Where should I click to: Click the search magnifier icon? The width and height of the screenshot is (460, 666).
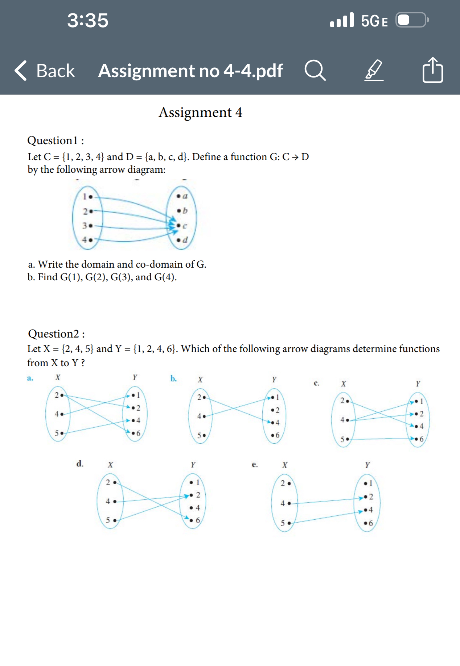tap(315, 70)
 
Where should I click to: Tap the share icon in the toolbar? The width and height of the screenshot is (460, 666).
tap(432, 70)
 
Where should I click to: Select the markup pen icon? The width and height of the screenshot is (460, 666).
tap(374, 70)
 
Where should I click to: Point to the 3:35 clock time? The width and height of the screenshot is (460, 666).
tap(88, 20)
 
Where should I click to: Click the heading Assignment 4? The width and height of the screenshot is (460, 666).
tap(200, 112)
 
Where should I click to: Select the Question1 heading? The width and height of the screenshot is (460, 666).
tap(56, 140)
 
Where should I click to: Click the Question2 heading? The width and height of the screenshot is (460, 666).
tap(56, 334)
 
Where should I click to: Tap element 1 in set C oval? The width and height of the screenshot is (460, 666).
tap(87, 197)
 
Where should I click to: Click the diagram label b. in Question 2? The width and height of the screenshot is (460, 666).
tap(174, 378)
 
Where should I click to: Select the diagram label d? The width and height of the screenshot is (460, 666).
tap(80, 464)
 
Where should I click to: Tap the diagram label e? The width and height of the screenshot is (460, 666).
tap(255, 465)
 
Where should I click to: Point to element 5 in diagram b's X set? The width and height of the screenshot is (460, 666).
tap(201, 435)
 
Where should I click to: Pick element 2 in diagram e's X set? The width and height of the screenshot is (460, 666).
tap(286, 483)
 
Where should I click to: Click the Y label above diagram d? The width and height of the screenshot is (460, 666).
tap(193, 465)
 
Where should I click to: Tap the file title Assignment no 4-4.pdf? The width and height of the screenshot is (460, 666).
tap(190, 71)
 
